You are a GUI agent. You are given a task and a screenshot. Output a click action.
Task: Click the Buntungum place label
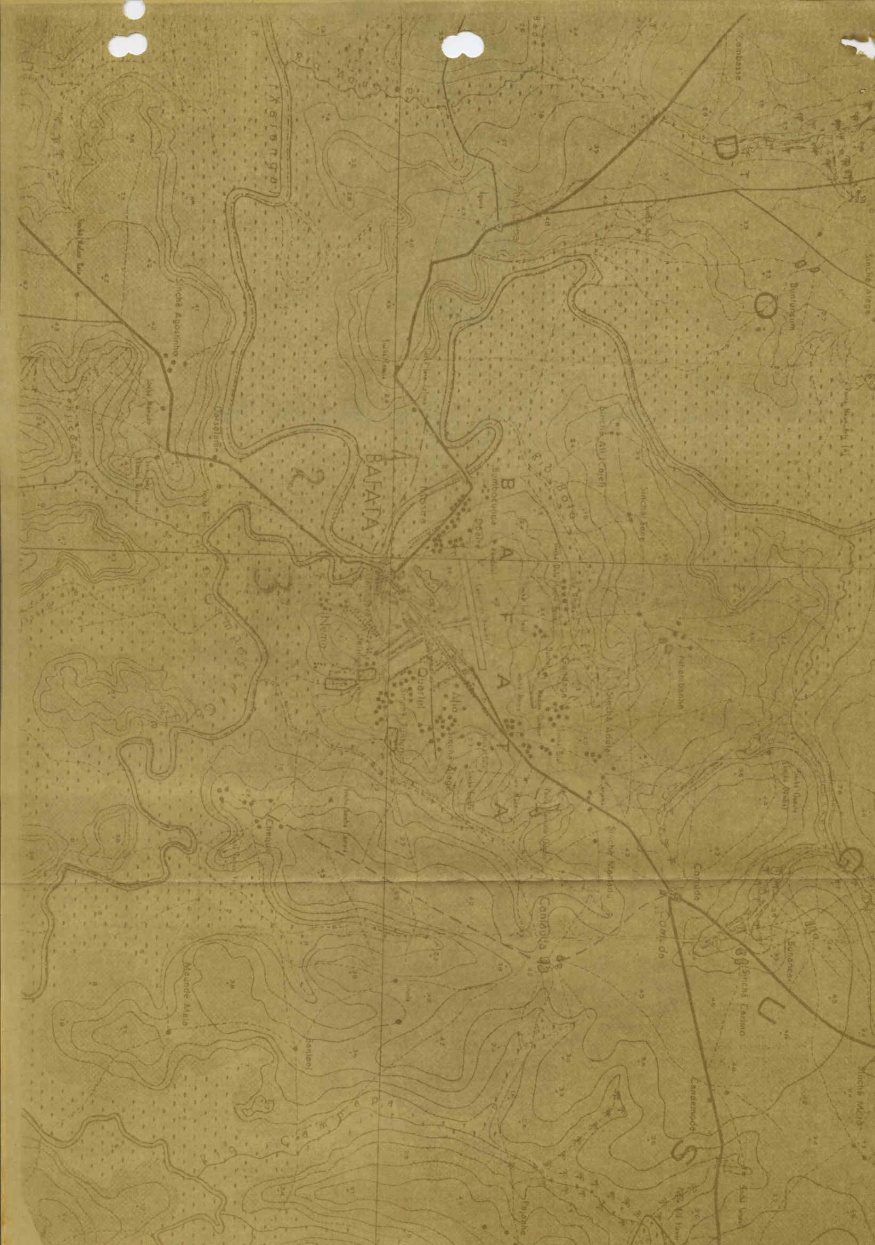click(795, 303)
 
